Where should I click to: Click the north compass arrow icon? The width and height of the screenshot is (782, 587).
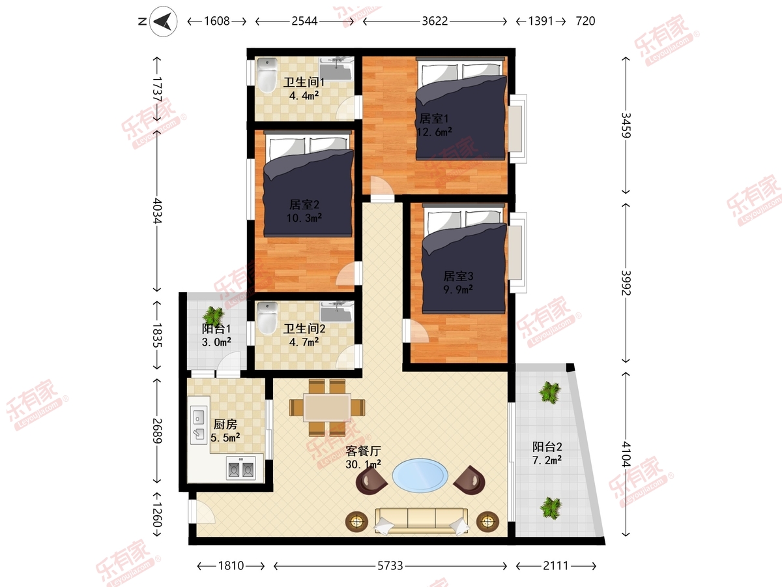pos(163,22)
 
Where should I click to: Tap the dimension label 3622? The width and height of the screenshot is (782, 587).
pos(435,22)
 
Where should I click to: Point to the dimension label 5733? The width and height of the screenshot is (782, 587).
pos(390,565)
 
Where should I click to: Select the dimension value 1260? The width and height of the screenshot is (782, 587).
pos(157,515)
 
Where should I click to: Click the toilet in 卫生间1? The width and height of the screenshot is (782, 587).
pos(267,76)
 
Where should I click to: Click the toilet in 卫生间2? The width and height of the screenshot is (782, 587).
pos(267,318)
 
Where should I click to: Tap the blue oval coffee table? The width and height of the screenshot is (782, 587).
pos(420,475)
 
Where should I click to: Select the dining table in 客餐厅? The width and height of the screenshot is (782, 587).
pos(327,408)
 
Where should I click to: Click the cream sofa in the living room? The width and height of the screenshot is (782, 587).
pos(421,521)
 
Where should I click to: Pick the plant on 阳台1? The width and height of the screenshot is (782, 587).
pos(213,316)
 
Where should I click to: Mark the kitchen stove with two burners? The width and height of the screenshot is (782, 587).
pos(241,468)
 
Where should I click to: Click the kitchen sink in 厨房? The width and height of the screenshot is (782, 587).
pos(199,425)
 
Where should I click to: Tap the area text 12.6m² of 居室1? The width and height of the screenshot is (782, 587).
pos(434,132)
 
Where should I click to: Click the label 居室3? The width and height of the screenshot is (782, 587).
pos(458,276)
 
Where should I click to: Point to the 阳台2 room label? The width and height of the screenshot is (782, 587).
pos(547,447)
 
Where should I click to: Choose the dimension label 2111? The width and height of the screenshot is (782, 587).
pos(556,565)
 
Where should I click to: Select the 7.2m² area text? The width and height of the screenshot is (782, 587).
pos(547,460)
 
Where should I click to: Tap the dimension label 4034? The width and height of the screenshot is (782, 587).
pos(157,211)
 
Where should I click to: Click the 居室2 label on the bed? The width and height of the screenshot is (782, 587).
pos(304,205)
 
